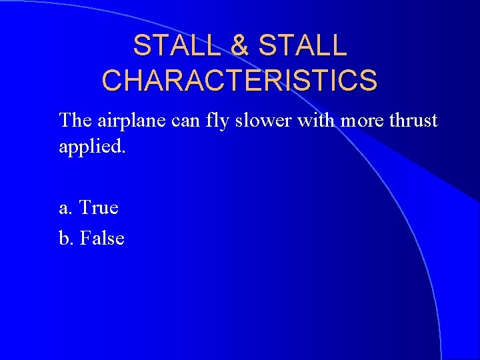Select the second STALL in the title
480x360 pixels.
click(303, 46)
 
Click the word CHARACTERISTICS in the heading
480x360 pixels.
click(239, 81)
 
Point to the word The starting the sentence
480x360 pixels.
click(75, 121)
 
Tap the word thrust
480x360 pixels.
click(415, 121)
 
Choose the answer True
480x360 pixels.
click(99, 208)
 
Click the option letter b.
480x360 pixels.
click(64, 238)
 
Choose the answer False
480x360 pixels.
click(102, 238)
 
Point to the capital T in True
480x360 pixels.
click(85, 208)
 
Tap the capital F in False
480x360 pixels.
click(84, 238)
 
